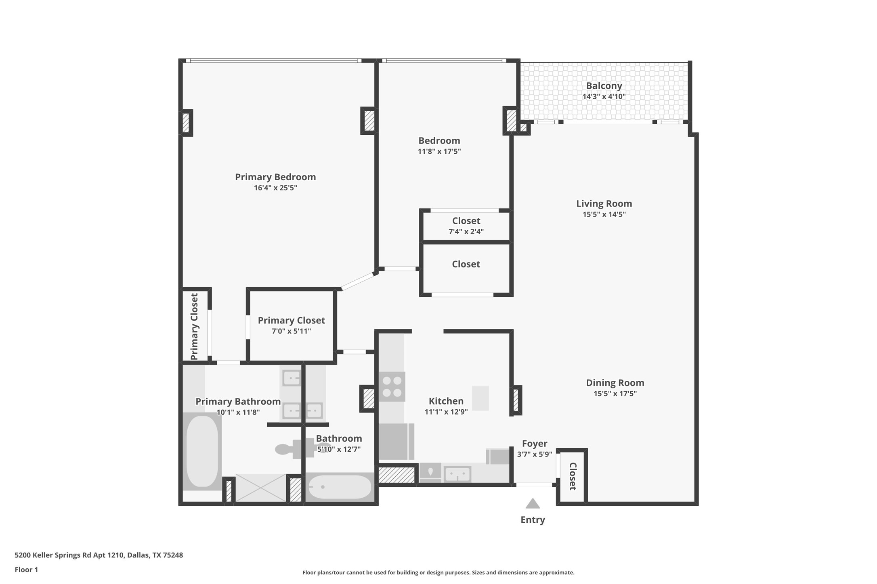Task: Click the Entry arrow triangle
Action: pos(533,504)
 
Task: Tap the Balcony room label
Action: pos(604,86)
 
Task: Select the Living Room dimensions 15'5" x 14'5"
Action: pos(604,215)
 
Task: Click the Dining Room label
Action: pos(615,383)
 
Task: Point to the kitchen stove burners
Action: pos(392,386)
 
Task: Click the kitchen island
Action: pos(480,398)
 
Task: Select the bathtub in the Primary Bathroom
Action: pos(202,451)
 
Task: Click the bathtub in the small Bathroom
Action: pos(340,487)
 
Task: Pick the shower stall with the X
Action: pos(261,488)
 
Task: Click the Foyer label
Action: pos(534,444)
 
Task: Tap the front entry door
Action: pos(534,485)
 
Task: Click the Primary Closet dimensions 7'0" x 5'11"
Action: pos(291,332)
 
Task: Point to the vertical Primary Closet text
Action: pos(194,326)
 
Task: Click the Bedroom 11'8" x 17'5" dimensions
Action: pos(439,152)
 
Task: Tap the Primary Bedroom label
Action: pos(275,177)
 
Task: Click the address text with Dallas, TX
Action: pos(99,555)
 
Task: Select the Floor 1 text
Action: pos(26,570)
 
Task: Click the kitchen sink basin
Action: pos(457,474)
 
